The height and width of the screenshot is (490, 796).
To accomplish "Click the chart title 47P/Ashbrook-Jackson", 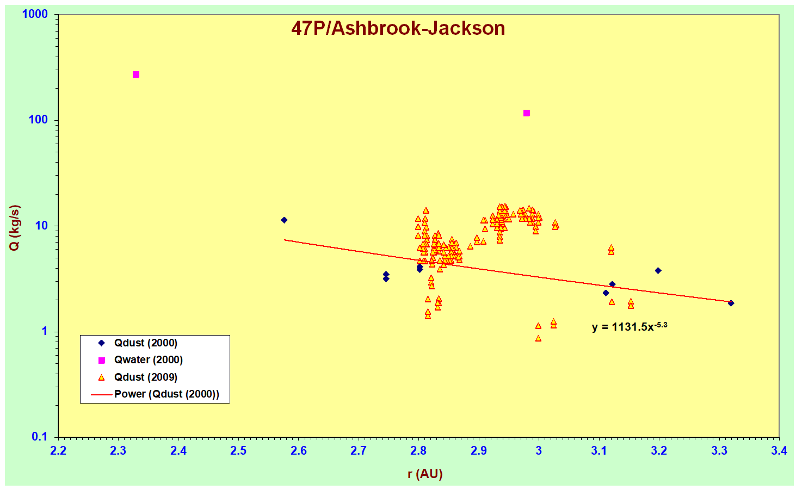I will pos(398,28).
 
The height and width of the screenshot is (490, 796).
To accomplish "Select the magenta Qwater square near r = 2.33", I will pos(136,75).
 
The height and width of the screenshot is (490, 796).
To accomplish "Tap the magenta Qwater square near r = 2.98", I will pos(527,113).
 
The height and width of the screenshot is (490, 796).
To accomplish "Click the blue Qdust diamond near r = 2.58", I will pos(284,220).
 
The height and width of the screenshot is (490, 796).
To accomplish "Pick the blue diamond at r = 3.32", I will pos(731,303).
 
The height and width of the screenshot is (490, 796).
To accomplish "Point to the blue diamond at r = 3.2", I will pos(658,271).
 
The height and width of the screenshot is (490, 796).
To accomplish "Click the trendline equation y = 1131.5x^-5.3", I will pos(629,327).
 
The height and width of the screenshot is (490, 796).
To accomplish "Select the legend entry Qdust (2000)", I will pos(145,343).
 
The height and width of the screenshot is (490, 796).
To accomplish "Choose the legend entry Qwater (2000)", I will pos(148,360).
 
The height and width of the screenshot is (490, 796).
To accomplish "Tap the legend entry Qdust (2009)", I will pos(145,377).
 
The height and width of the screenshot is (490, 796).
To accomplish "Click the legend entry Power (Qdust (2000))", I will pos(166,394).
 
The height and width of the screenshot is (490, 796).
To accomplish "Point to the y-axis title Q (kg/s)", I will pos(15,228).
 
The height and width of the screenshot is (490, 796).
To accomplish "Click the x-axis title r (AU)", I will pos(425,474).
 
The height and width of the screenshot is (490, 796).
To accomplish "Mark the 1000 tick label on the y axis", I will pos(35,14).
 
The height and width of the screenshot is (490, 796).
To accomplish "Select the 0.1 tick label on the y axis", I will pos(40,437).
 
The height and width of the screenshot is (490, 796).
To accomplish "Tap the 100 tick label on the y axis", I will pos(38,120).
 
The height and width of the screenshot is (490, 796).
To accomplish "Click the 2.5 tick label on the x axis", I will pos(238,451).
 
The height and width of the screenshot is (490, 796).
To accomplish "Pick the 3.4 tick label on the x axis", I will pos(779,451).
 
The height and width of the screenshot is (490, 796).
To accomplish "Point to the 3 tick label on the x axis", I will pos(539,451).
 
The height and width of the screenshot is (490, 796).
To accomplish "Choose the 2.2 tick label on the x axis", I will pos(58,451).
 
